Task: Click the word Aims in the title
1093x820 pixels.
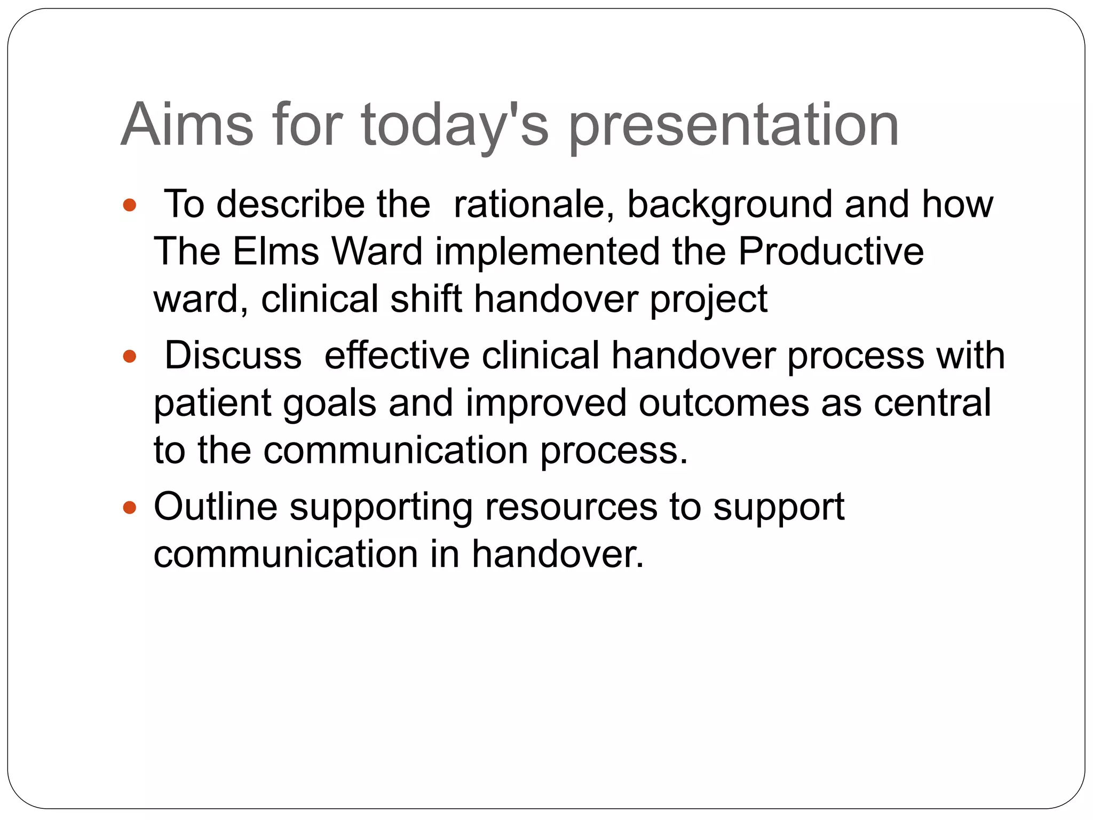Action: [x=187, y=125]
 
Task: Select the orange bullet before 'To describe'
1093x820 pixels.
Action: [x=130, y=205]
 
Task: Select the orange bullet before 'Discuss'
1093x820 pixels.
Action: [x=130, y=356]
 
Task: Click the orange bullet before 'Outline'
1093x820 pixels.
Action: [x=130, y=507]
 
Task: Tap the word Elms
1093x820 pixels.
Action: [x=275, y=251]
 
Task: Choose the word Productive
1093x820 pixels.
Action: [x=830, y=251]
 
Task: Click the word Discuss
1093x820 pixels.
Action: [x=233, y=356]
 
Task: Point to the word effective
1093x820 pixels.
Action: [x=397, y=356]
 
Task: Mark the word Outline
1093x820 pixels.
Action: [x=216, y=507]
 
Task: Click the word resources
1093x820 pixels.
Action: [x=571, y=508]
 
